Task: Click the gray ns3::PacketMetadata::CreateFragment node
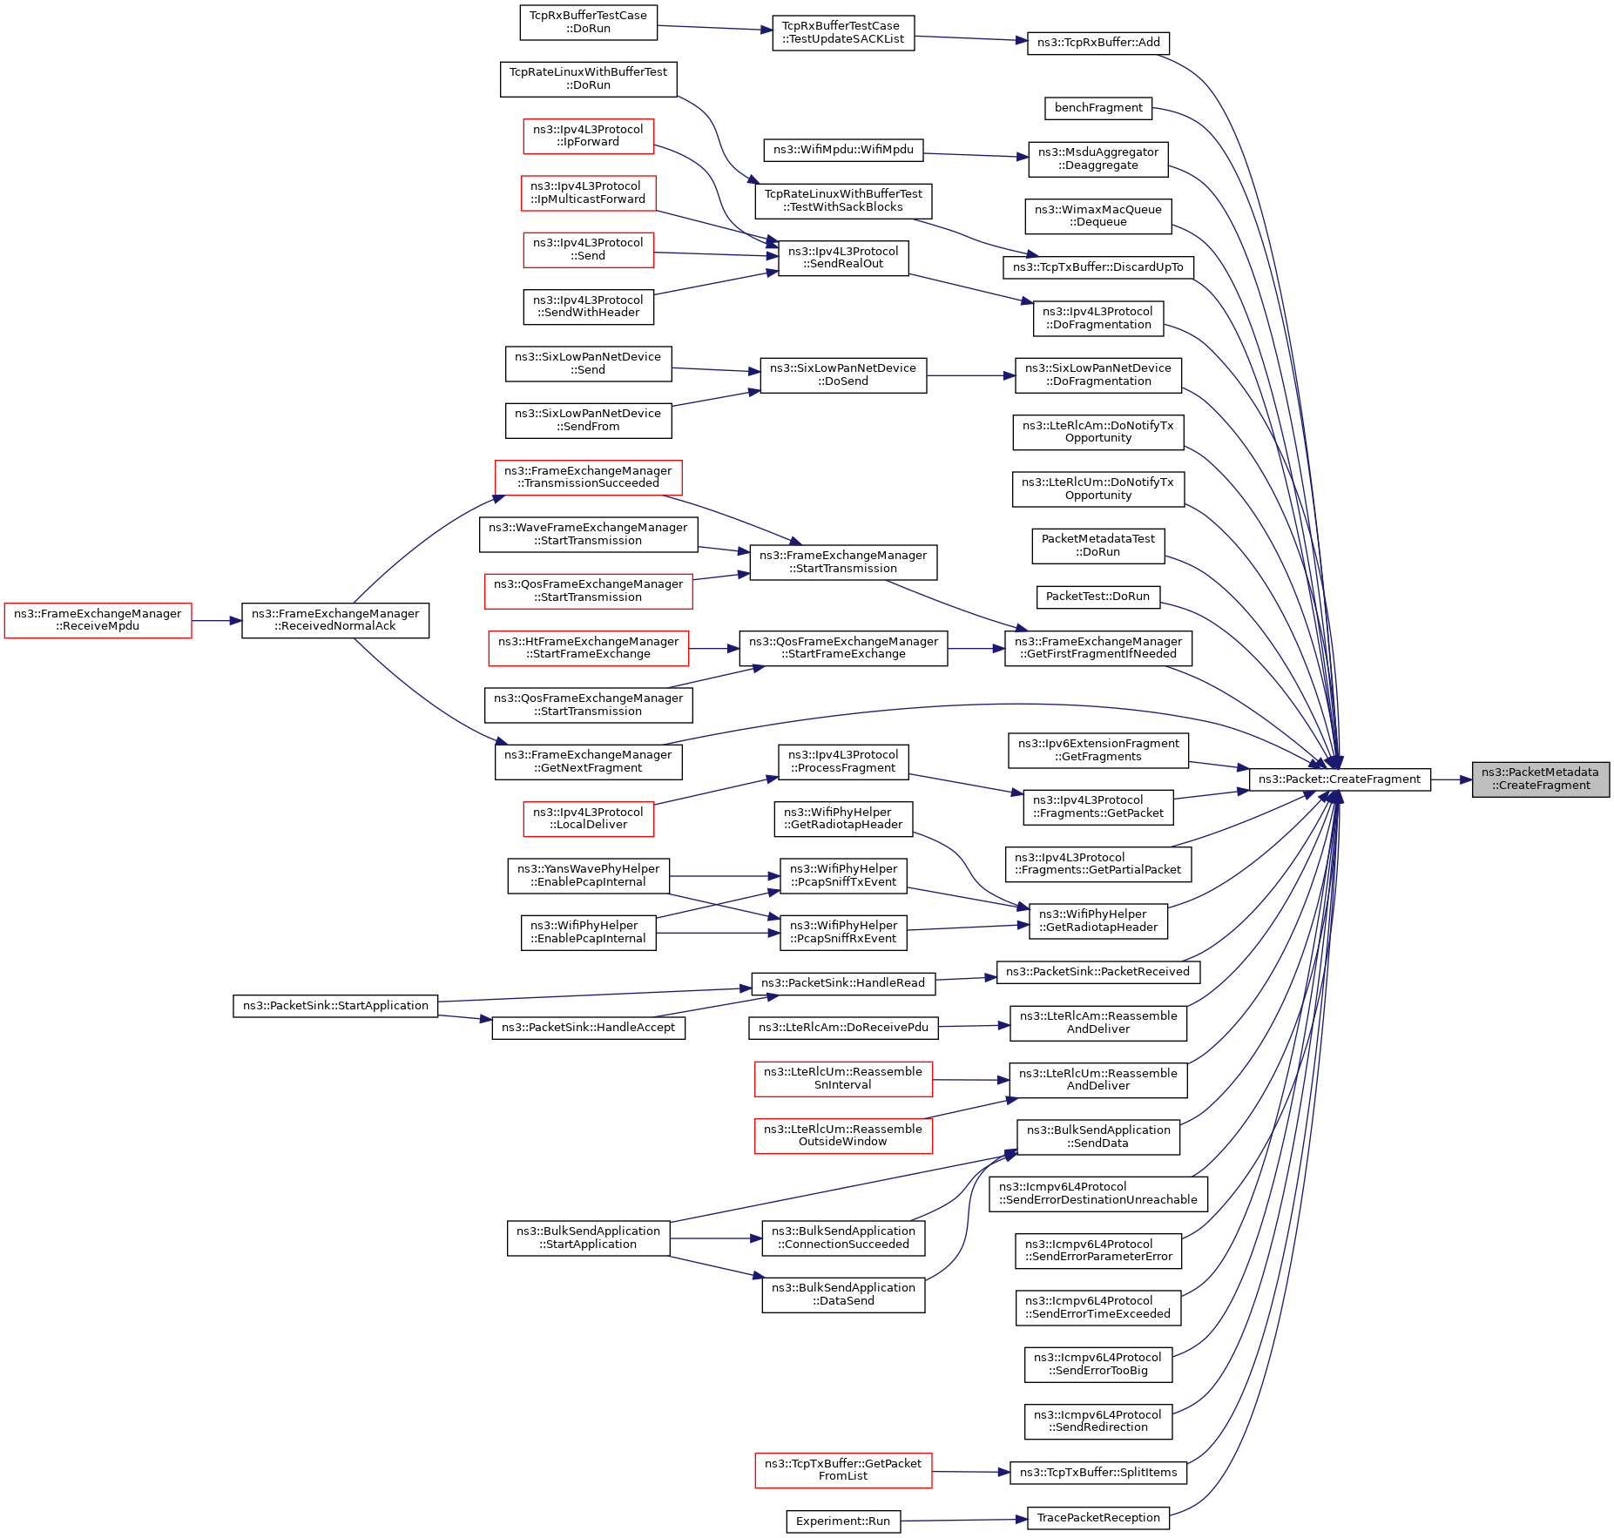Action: (1540, 779)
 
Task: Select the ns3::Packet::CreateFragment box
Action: (1340, 779)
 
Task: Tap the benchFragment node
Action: (1098, 108)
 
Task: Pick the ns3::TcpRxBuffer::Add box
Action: (1098, 43)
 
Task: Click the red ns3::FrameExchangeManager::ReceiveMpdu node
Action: (98, 620)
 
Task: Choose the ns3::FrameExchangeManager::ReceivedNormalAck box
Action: (335, 620)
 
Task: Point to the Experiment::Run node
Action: (843, 1521)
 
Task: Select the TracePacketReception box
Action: (1098, 1517)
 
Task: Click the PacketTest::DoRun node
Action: (1098, 597)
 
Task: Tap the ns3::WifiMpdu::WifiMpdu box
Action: (843, 150)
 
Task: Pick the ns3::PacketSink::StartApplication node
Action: (335, 1005)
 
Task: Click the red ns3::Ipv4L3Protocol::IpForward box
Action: (589, 136)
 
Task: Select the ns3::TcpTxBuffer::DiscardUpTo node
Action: (1098, 267)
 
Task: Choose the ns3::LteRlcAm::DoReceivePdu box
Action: (843, 1028)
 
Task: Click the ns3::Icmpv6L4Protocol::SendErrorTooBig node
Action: (1098, 1364)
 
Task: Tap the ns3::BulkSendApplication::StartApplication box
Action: (589, 1238)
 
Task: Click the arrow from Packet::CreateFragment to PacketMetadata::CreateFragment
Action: (1451, 779)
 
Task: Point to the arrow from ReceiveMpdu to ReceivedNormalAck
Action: (217, 620)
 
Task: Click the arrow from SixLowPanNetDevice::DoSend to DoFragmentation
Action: (971, 375)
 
